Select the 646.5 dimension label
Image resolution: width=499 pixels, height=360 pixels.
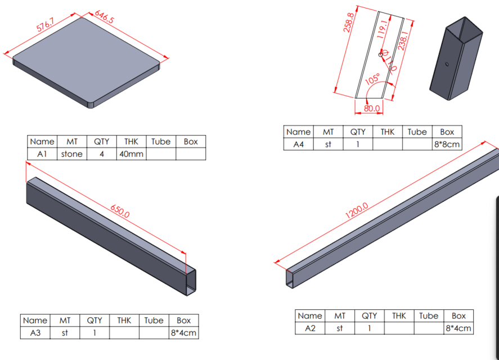point(104,20)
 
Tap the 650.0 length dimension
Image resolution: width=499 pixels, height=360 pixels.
point(120,211)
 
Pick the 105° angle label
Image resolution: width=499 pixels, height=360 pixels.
point(372,79)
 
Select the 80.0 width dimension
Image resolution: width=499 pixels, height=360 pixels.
point(372,108)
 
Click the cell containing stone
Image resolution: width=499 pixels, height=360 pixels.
point(71,154)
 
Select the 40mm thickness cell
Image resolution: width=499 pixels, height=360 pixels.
point(132,154)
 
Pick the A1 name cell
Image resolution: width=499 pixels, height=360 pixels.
point(42,154)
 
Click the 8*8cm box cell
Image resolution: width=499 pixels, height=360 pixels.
point(447,144)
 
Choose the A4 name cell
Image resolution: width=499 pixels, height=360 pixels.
point(298,144)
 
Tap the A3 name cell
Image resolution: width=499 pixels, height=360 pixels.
point(35,333)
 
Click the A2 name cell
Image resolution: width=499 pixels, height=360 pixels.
point(310,328)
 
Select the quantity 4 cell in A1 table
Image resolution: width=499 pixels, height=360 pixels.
point(101,154)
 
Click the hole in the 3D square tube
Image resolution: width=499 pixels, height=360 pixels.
point(447,64)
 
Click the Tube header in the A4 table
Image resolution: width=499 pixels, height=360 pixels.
point(417,132)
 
